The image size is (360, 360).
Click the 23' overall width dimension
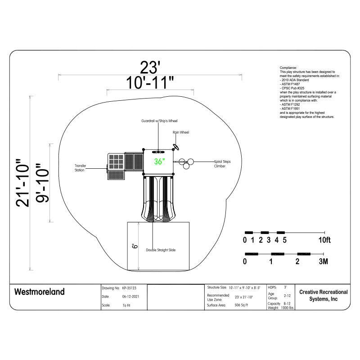tap(150, 67)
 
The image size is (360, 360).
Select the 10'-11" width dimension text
tap(150, 83)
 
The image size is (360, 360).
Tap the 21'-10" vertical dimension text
tap(23, 183)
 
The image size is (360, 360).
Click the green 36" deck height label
tap(159, 162)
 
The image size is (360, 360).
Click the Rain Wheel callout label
tap(181, 132)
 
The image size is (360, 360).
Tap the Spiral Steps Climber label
tap(226, 163)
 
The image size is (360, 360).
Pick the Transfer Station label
tap(80, 168)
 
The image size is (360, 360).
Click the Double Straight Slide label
tap(161, 250)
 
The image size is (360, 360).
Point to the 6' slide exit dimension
tap(135, 246)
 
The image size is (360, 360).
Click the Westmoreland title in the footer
tap(40, 292)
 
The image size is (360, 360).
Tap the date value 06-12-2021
tap(130, 297)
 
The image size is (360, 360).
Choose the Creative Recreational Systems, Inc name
tap(323, 296)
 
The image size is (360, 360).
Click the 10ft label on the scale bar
tap(324, 240)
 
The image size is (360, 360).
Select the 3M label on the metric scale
tap(323, 261)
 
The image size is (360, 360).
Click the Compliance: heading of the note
tap(288, 67)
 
